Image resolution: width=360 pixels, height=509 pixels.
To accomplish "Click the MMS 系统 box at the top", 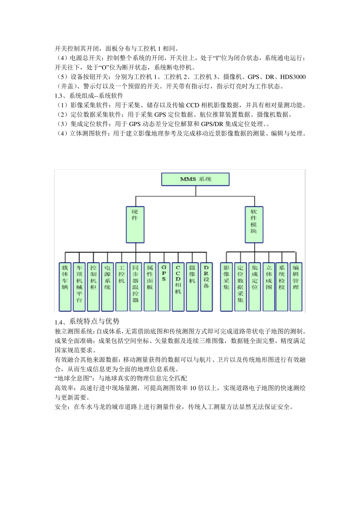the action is pyautogui.click(x=196, y=179).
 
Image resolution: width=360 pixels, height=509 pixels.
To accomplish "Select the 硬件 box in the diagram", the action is pyautogui.click(x=135, y=224).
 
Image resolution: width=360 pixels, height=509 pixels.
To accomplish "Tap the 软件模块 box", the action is pyautogui.click(x=254, y=224).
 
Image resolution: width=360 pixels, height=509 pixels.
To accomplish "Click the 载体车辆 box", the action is pyautogui.click(x=65, y=286).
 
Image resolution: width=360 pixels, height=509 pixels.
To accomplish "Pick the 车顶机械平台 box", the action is pyautogui.click(x=79, y=286).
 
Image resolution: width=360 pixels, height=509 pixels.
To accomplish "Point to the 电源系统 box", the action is pyautogui.click(x=108, y=286).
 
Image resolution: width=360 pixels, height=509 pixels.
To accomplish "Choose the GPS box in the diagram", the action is pyautogui.click(x=164, y=286).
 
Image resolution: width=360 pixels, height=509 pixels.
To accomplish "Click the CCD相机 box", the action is pyautogui.click(x=178, y=286).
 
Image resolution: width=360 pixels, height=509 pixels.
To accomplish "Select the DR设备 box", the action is pyautogui.click(x=206, y=286).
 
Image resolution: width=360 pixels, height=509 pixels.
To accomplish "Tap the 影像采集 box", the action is pyautogui.click(x=226, y=286).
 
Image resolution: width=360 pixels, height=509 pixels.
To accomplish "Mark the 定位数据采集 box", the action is pyautogui.click(x=240, y=286).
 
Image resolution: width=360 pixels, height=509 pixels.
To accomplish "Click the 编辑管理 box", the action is pyautogui.click(x=296, y=286).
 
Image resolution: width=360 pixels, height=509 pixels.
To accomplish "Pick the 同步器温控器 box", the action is pyautogui.click(x=136, y=286).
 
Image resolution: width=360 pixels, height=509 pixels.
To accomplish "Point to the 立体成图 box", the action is pyautogui.click(x=269, y=286).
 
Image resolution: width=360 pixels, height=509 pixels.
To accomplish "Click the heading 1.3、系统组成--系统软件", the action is pyautogui.click(x=89, y=96).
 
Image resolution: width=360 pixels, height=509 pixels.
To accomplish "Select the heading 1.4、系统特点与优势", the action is pyautogui.click(x=87, y=322).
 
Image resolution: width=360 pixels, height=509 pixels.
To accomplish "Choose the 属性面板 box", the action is pyautogui.click(x=150, y=286).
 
